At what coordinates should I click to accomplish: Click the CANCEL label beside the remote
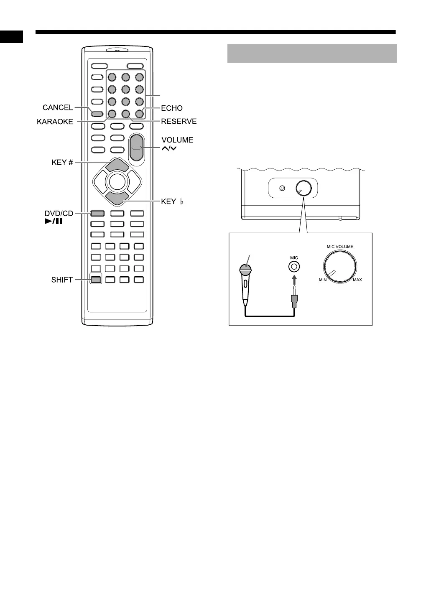point(58,108)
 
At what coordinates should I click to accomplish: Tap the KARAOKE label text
point(55,122)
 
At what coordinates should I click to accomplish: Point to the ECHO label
point(172,108)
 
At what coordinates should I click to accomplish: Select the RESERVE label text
point(179,122)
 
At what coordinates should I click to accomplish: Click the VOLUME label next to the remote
point(177,140)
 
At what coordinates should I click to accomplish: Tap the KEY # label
point(62,162)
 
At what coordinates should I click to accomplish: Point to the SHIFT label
point(62,280)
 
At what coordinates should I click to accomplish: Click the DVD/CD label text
point(59,214)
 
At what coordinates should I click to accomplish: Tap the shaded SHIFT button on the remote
point(96,280)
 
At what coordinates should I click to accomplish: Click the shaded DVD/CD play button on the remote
point(97,213)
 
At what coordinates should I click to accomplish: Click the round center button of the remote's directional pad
point(117,182)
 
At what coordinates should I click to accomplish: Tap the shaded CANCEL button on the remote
point(97,113)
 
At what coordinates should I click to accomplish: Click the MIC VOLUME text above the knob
point(340,247)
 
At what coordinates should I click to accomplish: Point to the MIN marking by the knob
point(323,280)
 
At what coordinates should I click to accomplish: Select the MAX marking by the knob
point(357,280)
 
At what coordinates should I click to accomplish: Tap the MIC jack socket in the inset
point(294,266)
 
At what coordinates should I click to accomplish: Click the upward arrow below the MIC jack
point(294,278)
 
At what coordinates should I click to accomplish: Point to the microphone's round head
point(245,267)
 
